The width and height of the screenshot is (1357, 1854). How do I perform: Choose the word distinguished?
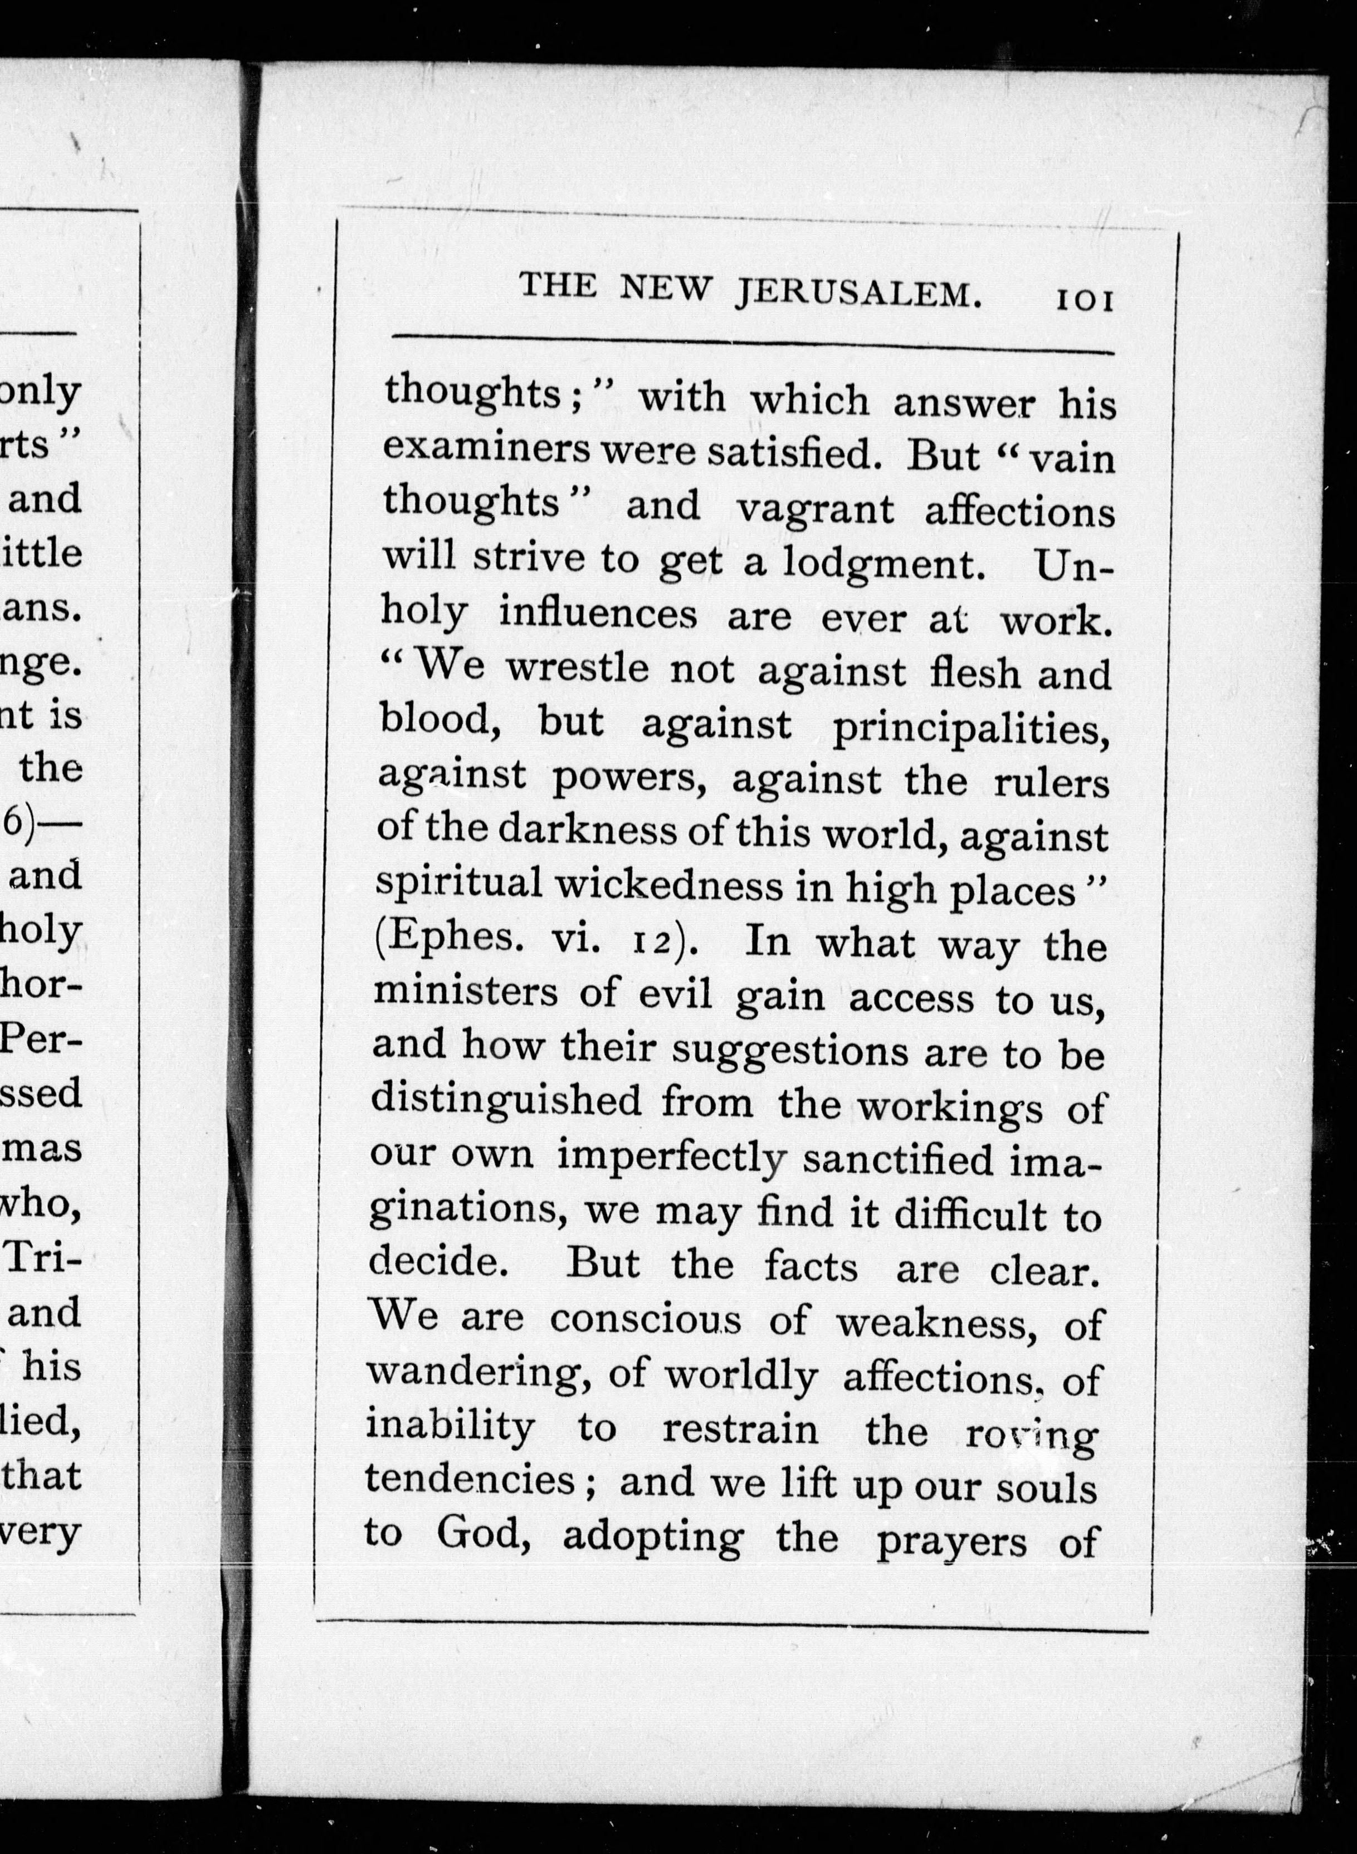tap(505, 1101)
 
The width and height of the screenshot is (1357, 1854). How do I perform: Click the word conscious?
tap(646, 1319)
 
